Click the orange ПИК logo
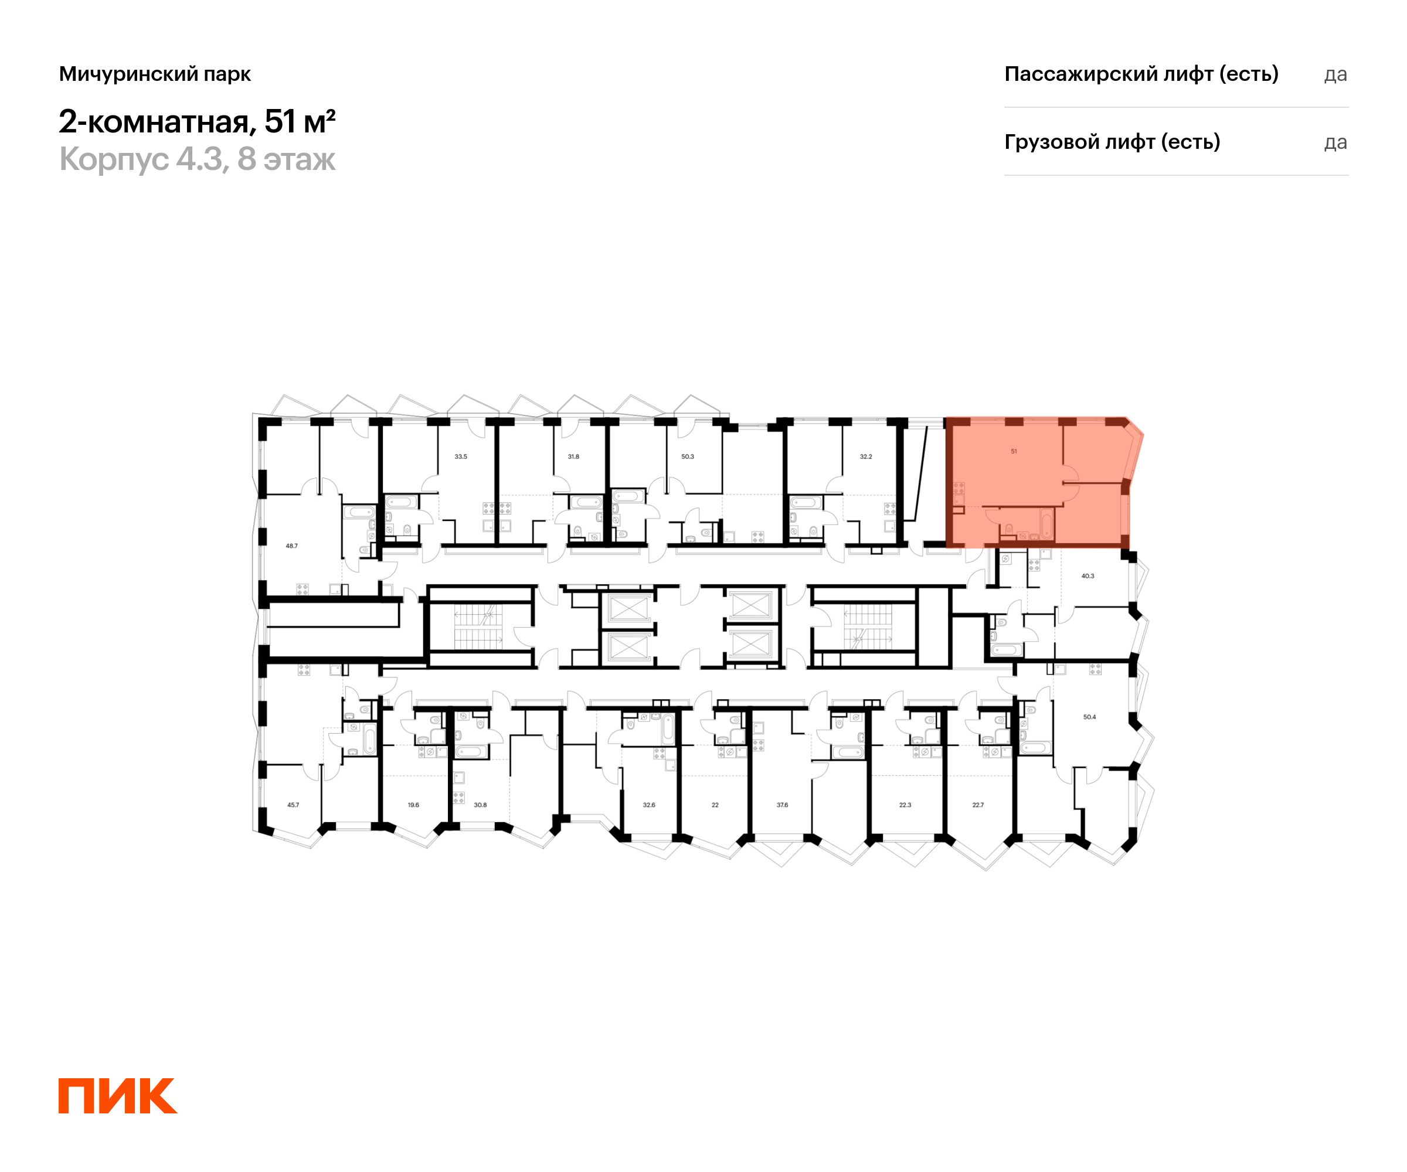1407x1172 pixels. coord(118,1096)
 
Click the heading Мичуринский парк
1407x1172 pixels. coord(155,74)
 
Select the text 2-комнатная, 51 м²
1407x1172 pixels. coord(197,122)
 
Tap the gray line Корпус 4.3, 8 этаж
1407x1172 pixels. coord(197,159)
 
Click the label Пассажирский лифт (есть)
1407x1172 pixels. coord(1141,74)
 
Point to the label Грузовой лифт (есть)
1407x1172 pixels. coord(1112,142)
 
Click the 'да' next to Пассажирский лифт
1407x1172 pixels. coord(1335,75)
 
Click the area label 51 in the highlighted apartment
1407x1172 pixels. coord(1014,451)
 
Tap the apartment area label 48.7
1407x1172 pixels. coord(291,546)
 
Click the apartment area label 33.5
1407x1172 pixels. coord(460,456)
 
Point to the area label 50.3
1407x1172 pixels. coord(688,456)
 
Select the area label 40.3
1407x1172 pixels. coord(1087,576)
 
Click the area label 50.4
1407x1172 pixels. coord(1089,717)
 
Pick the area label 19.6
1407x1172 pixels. coord(413,805)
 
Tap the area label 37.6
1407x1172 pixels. coord(782,805)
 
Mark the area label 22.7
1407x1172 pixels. coord(978,805)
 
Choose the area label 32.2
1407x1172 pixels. coord(866,456)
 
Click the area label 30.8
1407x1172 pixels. coord(480,805)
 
